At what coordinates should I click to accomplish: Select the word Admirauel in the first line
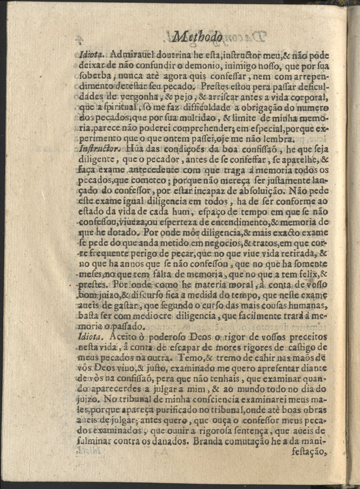tap(129, 54)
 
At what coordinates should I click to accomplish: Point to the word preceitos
tap(307, 337)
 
